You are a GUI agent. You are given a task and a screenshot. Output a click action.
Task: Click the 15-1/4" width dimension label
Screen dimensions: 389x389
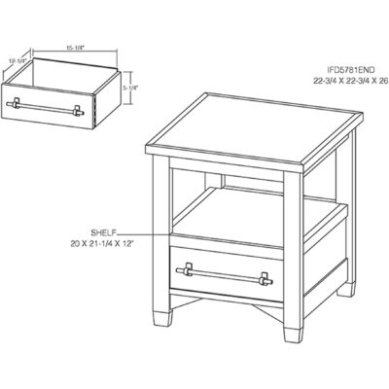[62, 46]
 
